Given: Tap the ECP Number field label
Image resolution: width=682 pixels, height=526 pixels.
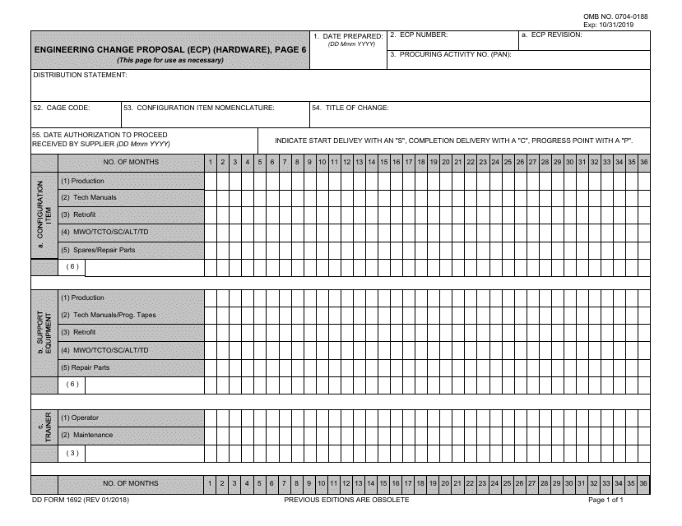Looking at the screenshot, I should pyautogui.click(x=419, y=35).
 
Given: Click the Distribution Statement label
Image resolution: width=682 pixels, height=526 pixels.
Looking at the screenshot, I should pyautogui.click(x=80, y=75).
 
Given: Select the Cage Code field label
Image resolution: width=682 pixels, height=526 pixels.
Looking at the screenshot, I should pyautogui.click(x=62, y=108).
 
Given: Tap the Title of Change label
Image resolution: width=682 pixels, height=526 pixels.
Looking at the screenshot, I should pyautogui.click(x=350, y=108).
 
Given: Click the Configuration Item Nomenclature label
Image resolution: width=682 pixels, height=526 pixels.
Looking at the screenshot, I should pyautogui.click(x=199, y=108).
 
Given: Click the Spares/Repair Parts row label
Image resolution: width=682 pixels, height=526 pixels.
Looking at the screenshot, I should pyautogui.click(x=98, y=250).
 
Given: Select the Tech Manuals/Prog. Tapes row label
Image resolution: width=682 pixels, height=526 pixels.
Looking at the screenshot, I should pyautogui.click(x=108, y=315).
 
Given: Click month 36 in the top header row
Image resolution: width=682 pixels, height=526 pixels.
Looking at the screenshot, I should pyautogui.click(x=643, y=162).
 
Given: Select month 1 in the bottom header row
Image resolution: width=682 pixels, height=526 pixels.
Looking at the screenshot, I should pyautogui.click(x=211, y=483).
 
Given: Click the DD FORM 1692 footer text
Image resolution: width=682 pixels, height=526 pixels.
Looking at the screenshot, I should pyautogui.click(x=80, y=500).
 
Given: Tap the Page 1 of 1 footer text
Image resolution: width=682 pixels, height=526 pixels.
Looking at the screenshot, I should pyautogui.click(x=605, y=500).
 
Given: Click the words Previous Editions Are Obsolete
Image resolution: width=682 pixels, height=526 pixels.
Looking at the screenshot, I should pyautogui.click(x=346, y=500).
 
